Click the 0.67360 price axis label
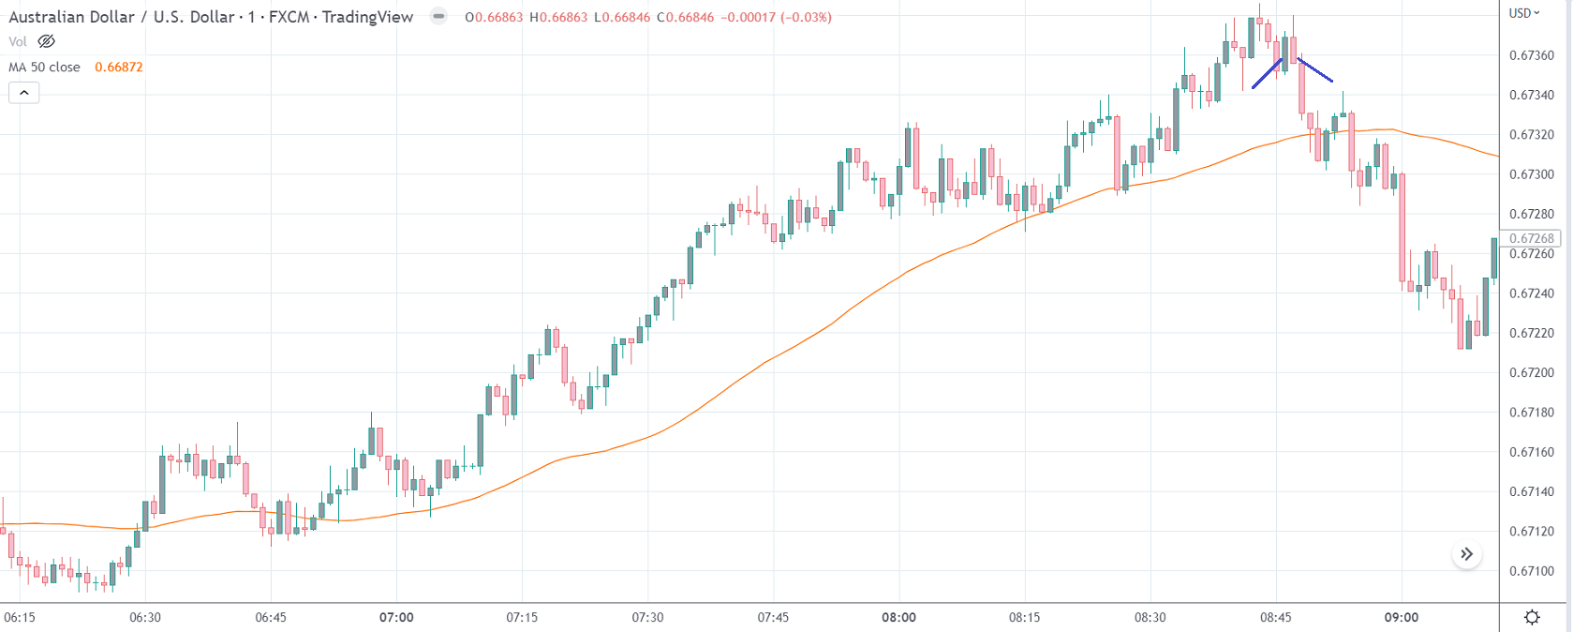click(1532, 55)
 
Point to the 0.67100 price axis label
click(1532, 571)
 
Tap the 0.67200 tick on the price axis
click(1532, 373)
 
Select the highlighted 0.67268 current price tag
click(1532, 238)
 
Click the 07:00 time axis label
click(396, 617)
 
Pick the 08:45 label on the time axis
click(1275, 617)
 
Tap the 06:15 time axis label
click(20, 617)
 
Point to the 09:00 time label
click(1402, 617)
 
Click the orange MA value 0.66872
click(119, 68)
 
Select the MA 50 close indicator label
click(44, 68)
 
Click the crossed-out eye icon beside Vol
click(46, 41)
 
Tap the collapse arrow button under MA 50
click(23, 93)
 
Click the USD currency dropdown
click(1524, 13)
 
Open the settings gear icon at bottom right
click(1533, 617)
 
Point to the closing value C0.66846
click(687, 17)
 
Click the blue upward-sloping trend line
click(1266, 74)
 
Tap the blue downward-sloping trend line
click(1315, 70)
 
